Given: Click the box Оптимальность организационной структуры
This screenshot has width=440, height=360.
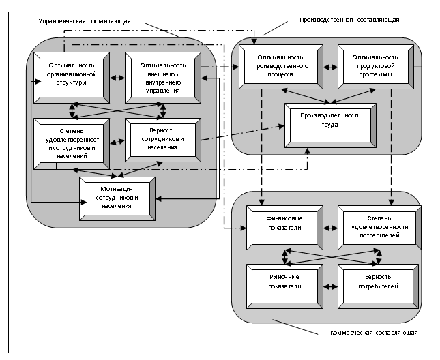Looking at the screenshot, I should click(x=70, y=75).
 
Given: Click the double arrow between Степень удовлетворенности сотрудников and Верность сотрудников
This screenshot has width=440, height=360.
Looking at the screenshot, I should click(x=117, y=140).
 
